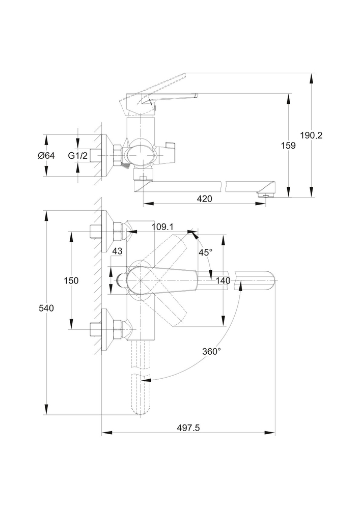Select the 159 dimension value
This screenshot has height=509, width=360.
click(288, 146)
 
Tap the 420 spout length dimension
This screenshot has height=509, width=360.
click(204, 199)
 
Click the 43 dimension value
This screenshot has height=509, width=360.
click(117, 251)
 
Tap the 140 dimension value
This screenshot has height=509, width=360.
click(223, 280)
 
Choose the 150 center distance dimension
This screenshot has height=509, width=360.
click(71, 280)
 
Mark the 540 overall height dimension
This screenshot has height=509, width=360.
click(46, 308)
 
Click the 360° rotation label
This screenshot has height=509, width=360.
click(211, 351)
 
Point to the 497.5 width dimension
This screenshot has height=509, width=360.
click(188, 428)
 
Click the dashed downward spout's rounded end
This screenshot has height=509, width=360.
click(142, 407)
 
